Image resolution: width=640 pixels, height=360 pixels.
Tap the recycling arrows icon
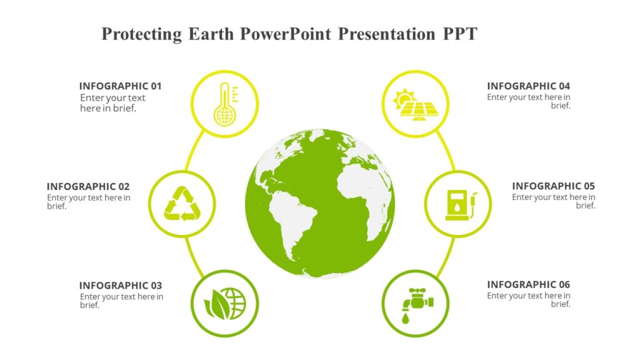point(182,204)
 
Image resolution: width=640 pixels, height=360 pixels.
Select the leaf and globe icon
point(224,303)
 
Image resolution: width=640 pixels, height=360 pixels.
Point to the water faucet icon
point(415,303)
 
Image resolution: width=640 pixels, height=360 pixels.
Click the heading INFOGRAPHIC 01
point(120,86)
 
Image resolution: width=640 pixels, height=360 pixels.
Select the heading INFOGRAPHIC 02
point(88,186)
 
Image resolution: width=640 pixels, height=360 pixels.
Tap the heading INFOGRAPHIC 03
point(120,286)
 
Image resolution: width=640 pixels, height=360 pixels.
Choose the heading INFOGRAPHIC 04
point(528,86)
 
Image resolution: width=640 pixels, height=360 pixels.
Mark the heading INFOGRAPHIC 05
point(553,186)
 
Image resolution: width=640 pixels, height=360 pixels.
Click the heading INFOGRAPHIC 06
point(528,285)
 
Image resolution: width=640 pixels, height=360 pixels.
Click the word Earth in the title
point(211,34)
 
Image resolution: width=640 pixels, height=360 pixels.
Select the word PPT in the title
point(459,34)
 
